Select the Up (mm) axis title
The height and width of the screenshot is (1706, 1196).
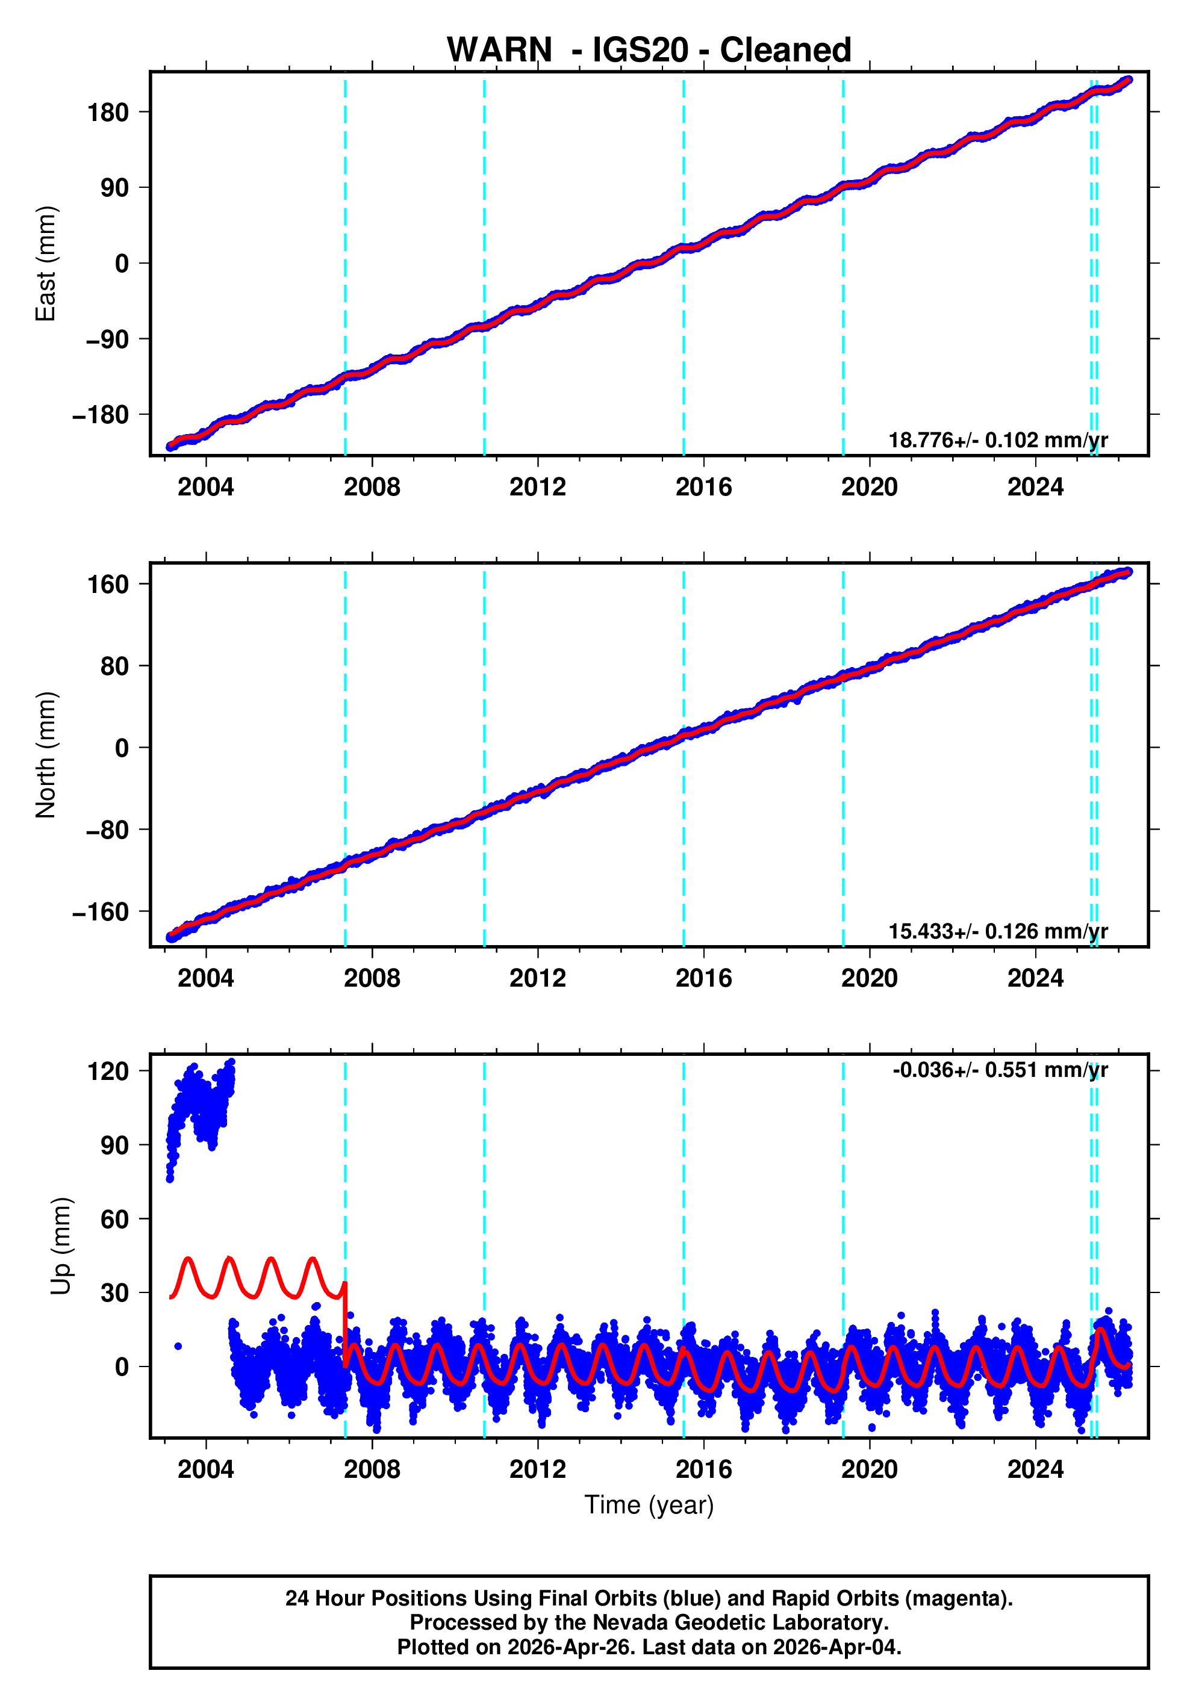pyautogui.click(x=61, y=1245)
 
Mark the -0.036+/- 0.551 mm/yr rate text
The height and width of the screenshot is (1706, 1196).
pyautogui.click(x=1000, y=1070)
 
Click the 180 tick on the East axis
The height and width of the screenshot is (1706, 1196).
pyautogui.click(x=108, y=113)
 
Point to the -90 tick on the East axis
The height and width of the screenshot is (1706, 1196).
pyautogui.click(x=107, y=340)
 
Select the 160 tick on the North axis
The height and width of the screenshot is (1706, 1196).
pyautogui.click(x=108, y=585)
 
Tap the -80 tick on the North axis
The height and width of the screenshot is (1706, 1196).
pyautogui.click(x=107, y=830)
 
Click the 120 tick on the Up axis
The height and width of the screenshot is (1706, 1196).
pyautogui.click(x=108, y=1072)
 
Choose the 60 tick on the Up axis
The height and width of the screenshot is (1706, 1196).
pyautogui.click(x=114, y=1220)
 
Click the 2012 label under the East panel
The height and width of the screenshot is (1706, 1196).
pyautogui.click(x=537, y=488)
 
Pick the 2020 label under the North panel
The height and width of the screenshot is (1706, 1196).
pyautogui.click(x=869, y=978)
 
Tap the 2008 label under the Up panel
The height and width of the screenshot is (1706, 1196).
pyautogui.click(x=371, y=1469)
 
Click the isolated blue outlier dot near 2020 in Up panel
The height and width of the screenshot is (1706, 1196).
pyautogui.click(x=872, y=1427)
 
